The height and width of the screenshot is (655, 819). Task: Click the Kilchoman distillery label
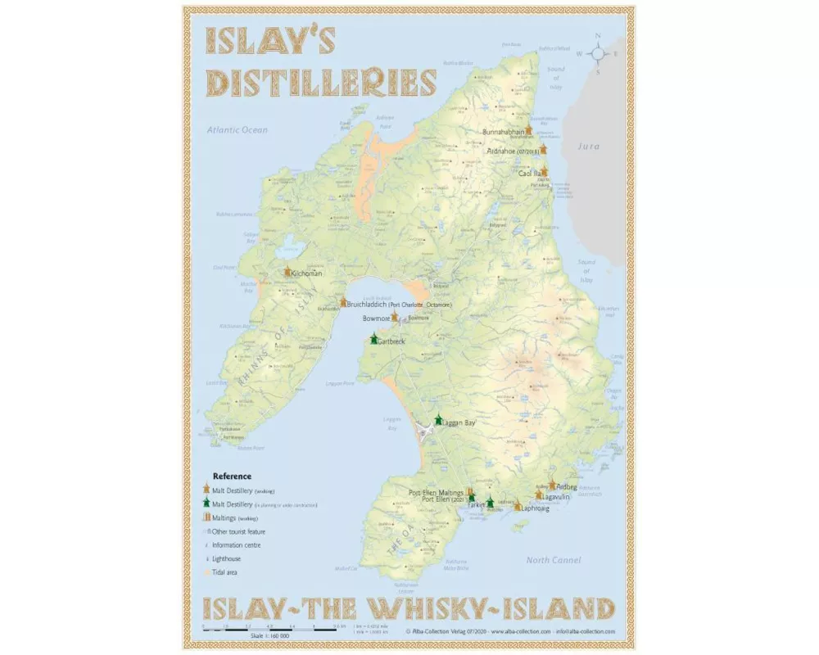click(x=306, y=273)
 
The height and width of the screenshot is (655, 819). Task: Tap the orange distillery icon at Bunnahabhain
click(x=529, y=130)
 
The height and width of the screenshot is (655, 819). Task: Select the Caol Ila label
click(x=530, y=174)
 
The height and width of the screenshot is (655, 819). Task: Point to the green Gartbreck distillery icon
click(x=373, y=339)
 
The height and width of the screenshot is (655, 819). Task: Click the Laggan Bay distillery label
click(x=459, y=422)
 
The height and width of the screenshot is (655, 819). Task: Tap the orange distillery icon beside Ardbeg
click(x=553, y=486)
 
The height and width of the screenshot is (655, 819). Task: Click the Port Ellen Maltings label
click(x=437, y=492)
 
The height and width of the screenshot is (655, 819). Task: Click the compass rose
click(x=599, y=53)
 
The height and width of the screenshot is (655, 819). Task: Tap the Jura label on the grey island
click(x=589, y=147)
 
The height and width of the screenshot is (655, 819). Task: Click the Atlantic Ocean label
click(x=237, y=130)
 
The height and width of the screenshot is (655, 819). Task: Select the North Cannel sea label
click(x=554, y=560)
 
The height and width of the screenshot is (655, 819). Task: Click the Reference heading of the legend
click(x=232, y=476)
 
